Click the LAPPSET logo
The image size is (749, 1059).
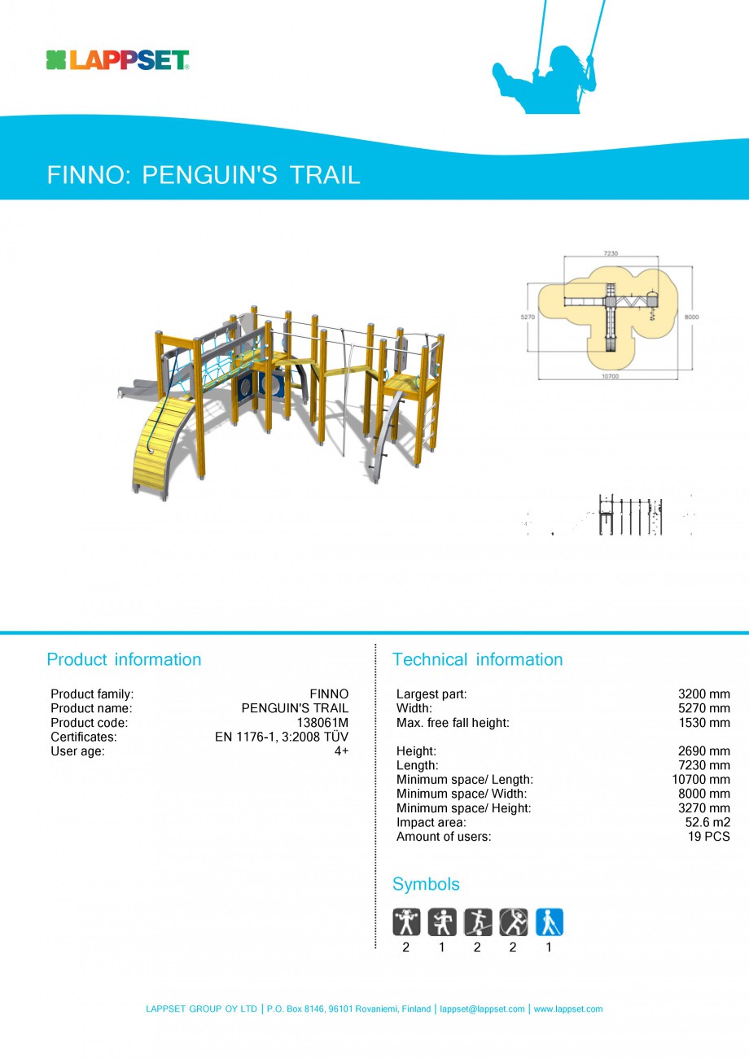(118, 60)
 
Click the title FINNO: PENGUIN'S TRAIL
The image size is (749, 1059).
(204, 175)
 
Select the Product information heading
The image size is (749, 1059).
(124, 659)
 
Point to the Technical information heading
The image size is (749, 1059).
(477, 659)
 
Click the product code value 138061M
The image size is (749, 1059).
(322, 723)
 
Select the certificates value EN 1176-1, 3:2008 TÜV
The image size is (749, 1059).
(282, 737)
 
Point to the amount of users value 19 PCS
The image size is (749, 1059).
(709, 837)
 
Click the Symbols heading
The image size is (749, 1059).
(426, 884)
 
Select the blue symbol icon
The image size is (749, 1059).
(549, 922)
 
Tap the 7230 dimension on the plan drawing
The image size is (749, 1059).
(611, 254)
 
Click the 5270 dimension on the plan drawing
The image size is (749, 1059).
(527, 317)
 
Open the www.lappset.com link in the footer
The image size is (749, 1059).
(567, 1009)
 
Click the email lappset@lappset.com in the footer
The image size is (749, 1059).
(482, 1009)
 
